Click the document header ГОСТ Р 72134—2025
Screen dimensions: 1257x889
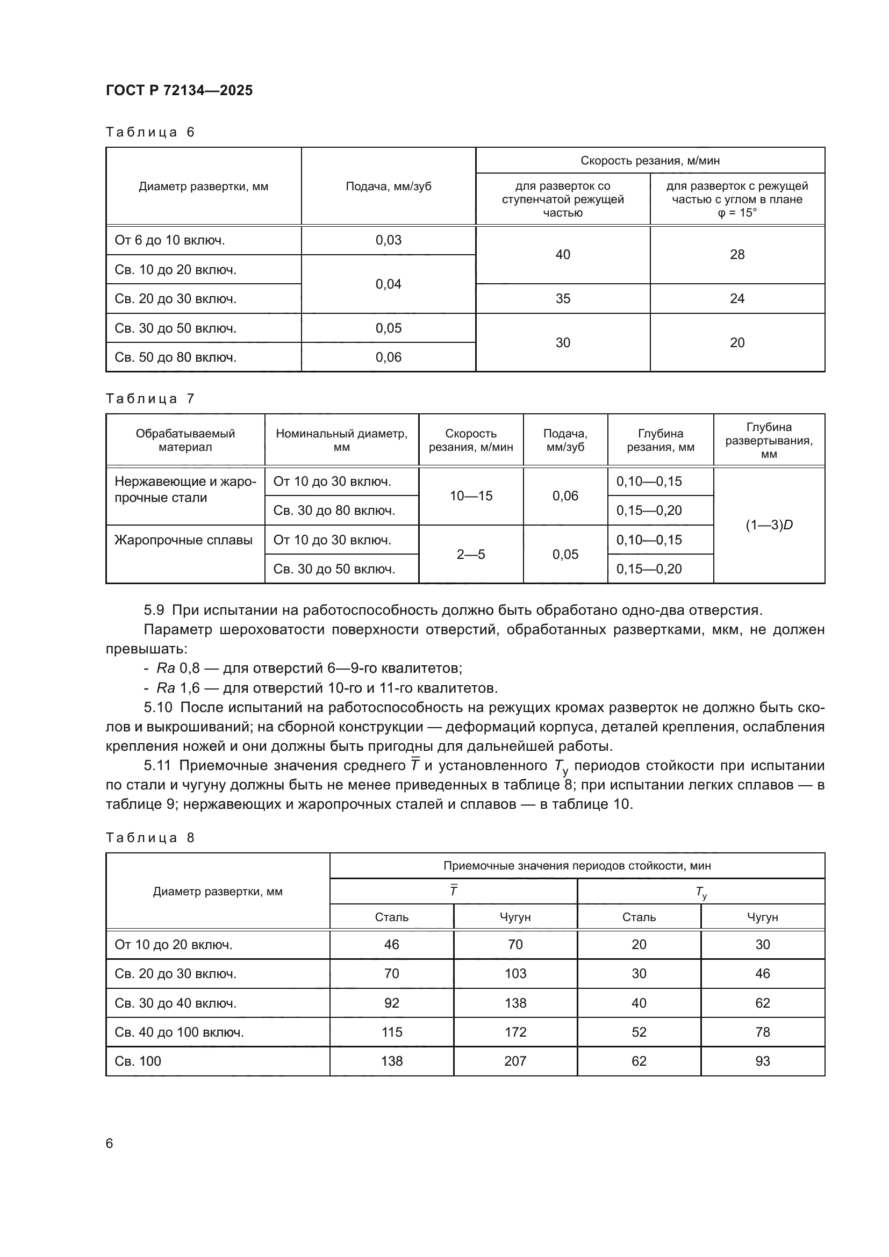coord(179,90)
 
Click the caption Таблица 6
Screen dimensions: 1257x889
coord(150,132)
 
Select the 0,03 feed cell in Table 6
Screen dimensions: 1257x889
coord(388,240)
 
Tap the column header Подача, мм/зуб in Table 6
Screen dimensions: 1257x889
coord(388,186)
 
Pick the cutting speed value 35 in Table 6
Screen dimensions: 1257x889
coord(563,298)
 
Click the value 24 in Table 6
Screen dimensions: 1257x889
coord(737,298)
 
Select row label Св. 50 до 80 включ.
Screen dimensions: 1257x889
coord(175,357)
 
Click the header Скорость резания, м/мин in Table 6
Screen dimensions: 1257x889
coord(650,160)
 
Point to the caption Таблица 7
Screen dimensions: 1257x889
coord(150,399)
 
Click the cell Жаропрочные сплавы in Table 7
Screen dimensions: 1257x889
coord(183,540)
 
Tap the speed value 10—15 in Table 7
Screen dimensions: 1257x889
coord(471,495)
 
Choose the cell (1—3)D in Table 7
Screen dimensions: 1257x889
coord(769,525)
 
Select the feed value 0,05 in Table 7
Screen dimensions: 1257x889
coord(565,554)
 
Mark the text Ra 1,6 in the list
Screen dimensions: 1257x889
coord(178,688)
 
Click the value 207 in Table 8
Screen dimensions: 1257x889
coord(515,1061)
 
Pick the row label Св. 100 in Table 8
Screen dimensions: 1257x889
coord(138,1061)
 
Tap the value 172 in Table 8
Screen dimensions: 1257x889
coord(515,1032)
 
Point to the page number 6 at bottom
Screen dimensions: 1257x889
coord(110,1143)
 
